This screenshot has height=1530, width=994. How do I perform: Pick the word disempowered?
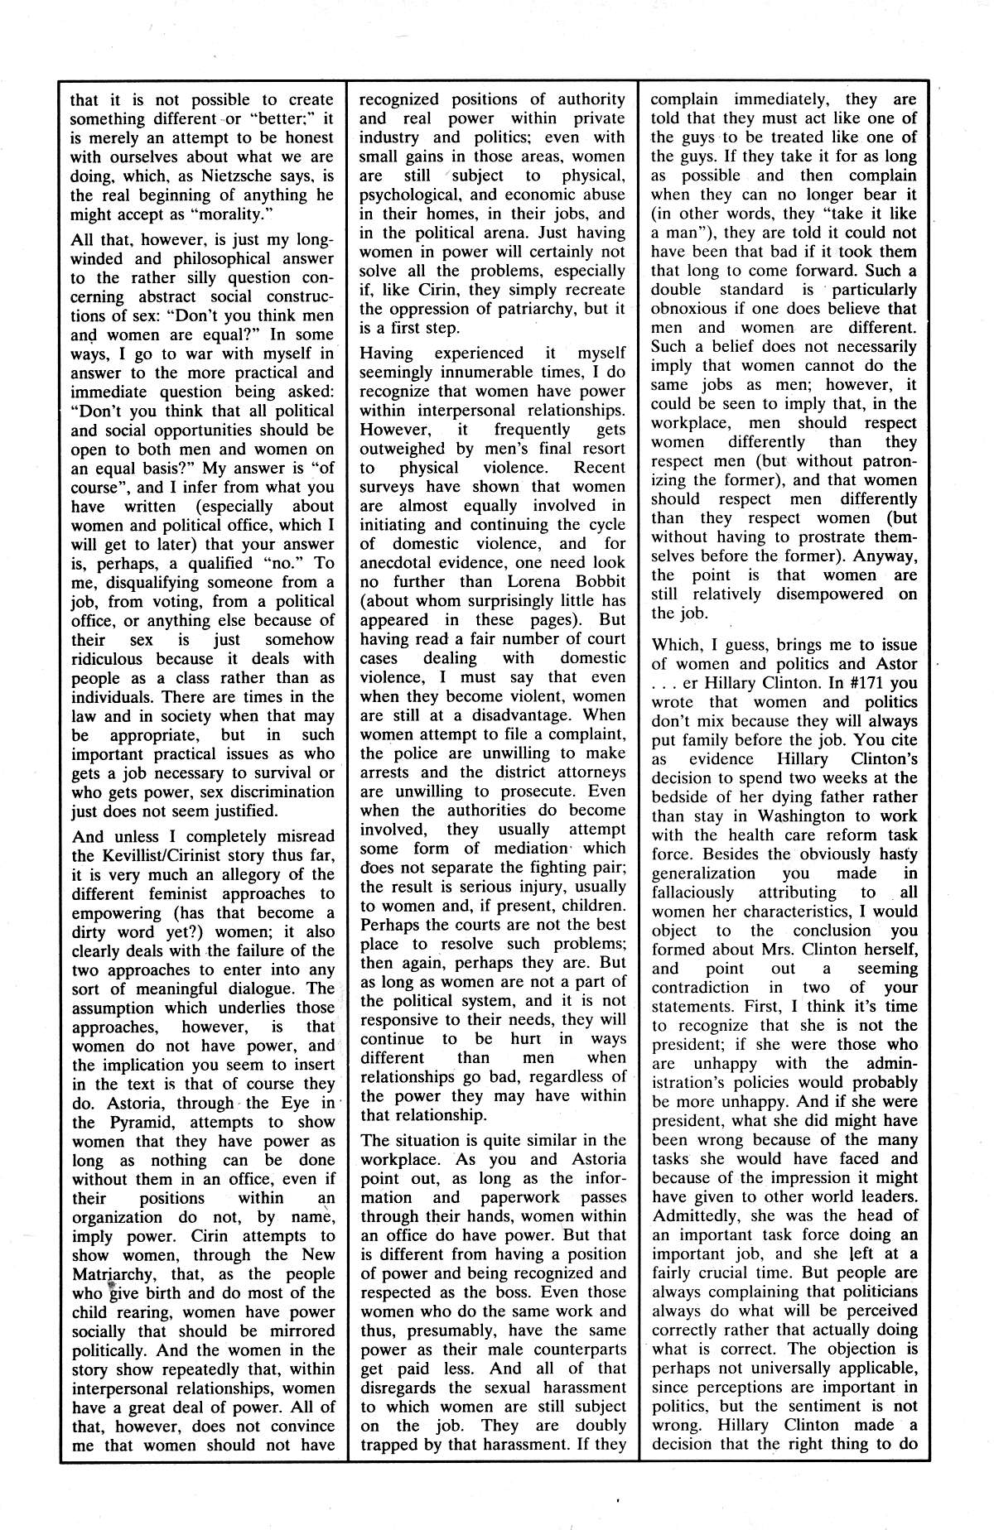pos(830,594)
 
